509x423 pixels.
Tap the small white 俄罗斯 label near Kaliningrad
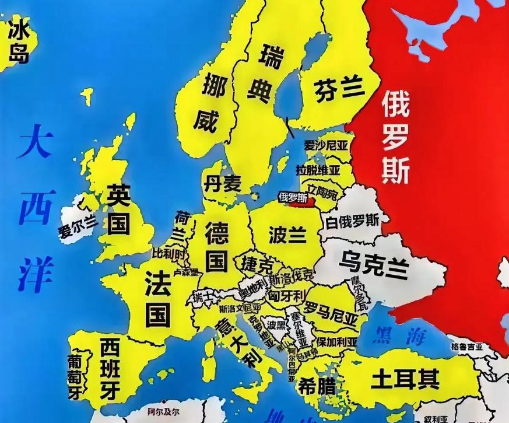pos(293,197)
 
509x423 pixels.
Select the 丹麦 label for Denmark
pos(222,183)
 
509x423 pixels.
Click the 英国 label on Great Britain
pos(118,209)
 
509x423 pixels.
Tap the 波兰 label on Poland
pos(287,235)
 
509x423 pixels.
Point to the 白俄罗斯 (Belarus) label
pos(353,221)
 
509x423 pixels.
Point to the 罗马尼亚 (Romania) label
pos(331,312)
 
